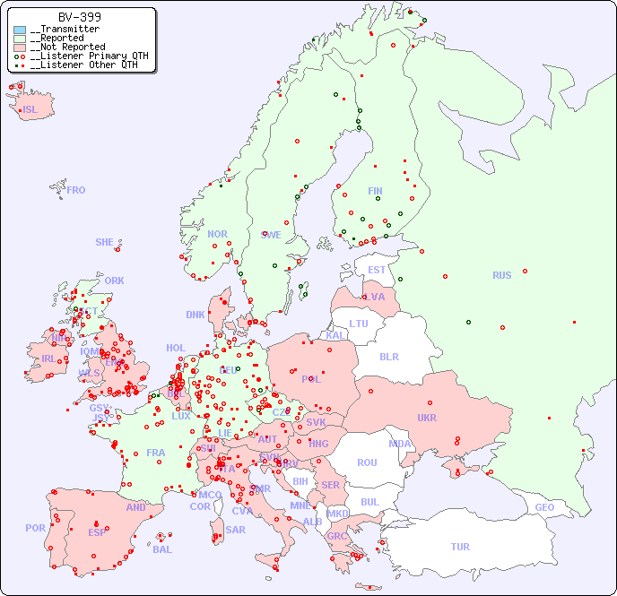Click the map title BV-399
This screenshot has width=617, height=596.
click(x=79, y=17)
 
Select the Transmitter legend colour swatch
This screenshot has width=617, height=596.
click(x=20, y=30)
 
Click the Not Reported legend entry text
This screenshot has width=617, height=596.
click(x=67, y=47)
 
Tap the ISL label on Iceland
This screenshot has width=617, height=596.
click(x=30, y=110)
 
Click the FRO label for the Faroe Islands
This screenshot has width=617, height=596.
click(x=76, y=190)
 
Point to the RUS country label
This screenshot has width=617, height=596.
click(x=501, y=275)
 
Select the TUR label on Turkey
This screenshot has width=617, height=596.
click(x=460, y=547)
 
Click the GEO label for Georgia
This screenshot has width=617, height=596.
click(x=544, y=507)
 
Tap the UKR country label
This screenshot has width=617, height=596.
click(x=427, y=418)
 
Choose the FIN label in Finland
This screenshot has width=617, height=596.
click(x=375, y=191)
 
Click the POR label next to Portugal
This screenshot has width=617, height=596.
click(x=35, y=528)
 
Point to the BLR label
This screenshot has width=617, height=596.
click(x=389, y=356)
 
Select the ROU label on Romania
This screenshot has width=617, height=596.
click(x=367, y=462)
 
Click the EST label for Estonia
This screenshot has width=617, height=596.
click(x=377, y=270)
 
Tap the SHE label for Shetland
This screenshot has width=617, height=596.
click(x=105, y=242)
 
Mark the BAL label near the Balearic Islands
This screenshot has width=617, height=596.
click(x=162, y=549)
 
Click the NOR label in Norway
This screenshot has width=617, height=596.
click(x=217, y=234)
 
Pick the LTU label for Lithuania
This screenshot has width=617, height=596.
click(x=359, y=324)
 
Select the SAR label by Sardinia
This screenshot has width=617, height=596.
click(x=235, y=530)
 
